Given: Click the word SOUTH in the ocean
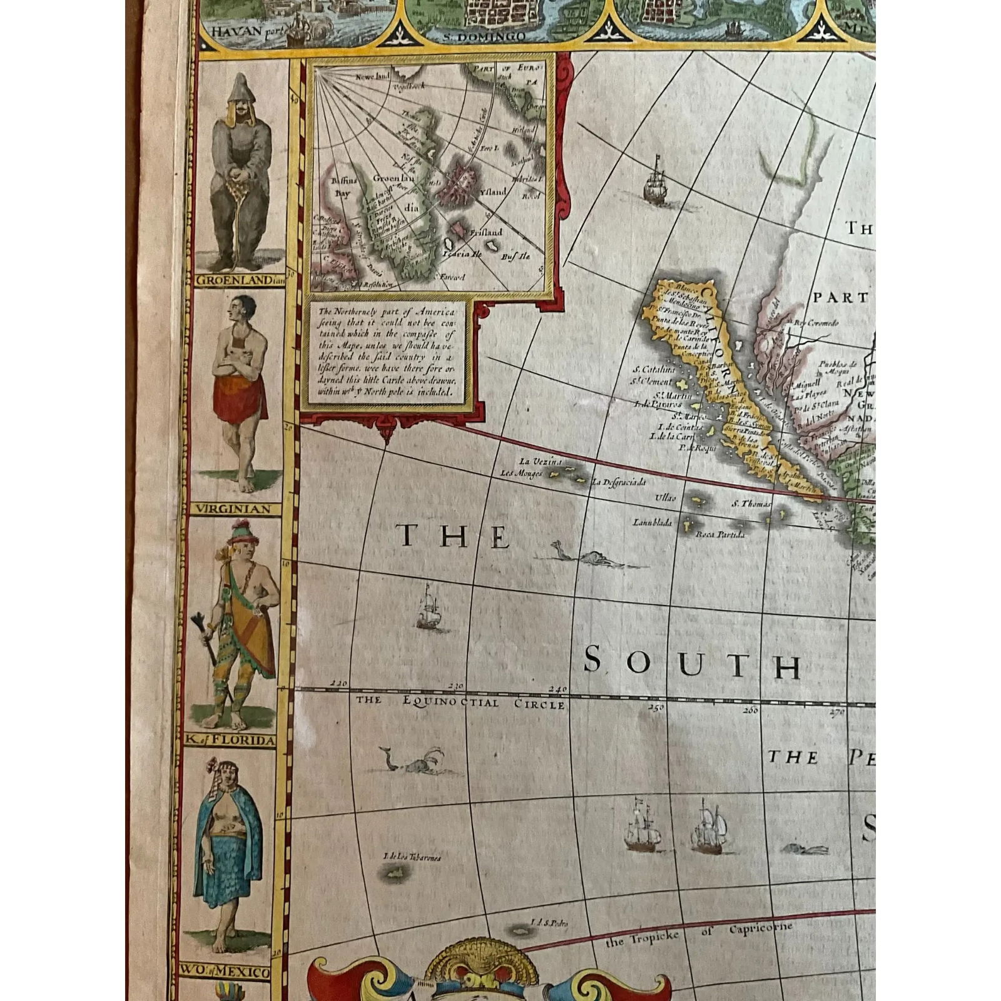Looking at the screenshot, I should (691, 665).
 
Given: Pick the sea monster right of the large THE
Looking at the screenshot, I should (588, 557).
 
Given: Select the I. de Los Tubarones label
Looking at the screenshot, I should (411, 857).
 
